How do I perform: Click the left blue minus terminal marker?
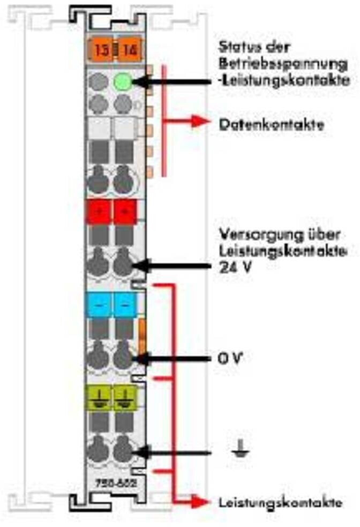(98, 305)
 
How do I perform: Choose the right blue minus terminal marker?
(125, 305)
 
